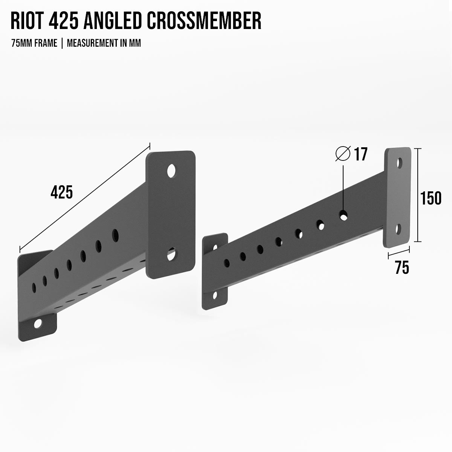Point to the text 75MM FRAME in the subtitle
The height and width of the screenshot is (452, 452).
pos(34,43)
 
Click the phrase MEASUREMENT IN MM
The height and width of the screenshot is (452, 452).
pos(104,43)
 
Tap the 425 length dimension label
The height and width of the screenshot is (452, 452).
pos(61,192)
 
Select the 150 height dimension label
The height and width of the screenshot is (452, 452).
pos(431,198)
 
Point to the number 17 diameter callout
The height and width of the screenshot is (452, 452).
pos(360,154)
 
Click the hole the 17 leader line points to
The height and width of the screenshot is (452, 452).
pos(344,215)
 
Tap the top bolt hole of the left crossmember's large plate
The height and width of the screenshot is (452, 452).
pos(172,171)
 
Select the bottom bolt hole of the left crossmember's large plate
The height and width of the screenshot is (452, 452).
pos(172,255)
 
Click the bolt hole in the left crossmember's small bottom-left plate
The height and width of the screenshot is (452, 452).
pos(38,324)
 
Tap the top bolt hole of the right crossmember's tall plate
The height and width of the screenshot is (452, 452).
pos(399,163)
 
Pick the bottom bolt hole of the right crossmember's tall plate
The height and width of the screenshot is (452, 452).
pos(399,229)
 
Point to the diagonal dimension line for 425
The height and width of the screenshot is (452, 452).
pos(85,196)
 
